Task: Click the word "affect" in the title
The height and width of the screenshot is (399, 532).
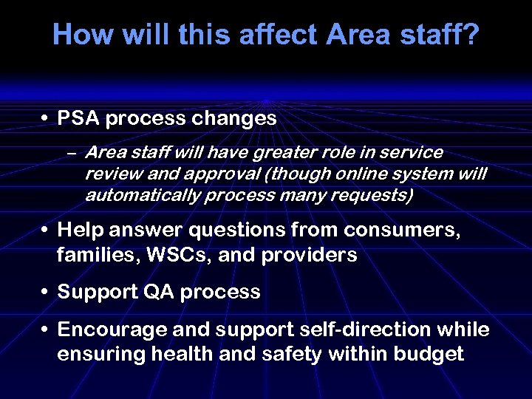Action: (279, 35)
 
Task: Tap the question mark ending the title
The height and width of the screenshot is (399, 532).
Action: (471, 35)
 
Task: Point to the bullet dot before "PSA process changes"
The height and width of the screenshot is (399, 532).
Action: (45, 119)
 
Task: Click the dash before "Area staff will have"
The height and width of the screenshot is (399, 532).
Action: (71, 153)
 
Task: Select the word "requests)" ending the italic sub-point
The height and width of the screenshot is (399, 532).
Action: (376, 195)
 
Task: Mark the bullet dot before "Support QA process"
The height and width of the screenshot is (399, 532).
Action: (45, 293)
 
